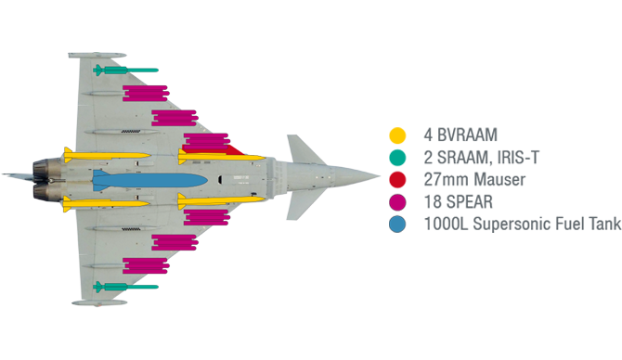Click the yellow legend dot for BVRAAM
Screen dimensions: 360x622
[x=398, y=135]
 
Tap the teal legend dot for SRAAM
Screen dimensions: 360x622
[x=398, y=157]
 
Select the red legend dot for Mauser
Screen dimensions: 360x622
[x=398, y=179]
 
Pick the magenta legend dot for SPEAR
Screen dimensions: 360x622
[x=398, y=201]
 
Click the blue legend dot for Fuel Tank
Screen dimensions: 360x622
[x=398, y=224]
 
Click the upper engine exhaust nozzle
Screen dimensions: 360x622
[x=44, y=168]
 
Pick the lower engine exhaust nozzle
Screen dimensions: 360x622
[x=44, y=192]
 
